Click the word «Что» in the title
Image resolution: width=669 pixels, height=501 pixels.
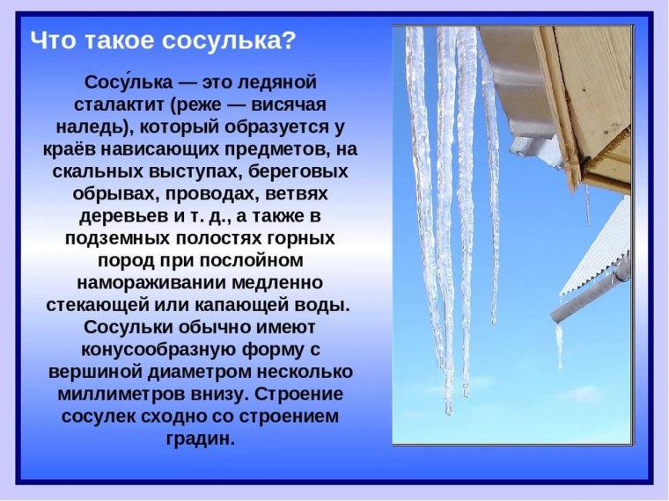coord(51,40)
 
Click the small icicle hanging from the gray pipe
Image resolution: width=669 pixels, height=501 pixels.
coord(559,343)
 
